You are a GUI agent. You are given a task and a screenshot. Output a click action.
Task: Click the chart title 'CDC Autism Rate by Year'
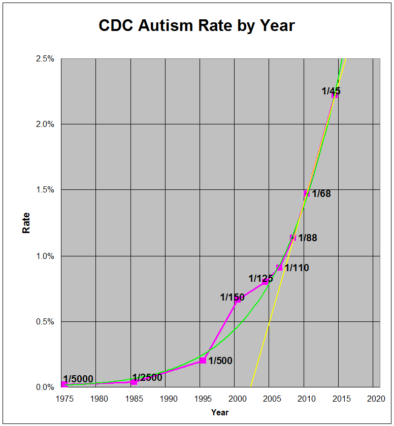point(196,26)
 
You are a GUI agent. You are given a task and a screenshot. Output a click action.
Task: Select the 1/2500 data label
point(147,377)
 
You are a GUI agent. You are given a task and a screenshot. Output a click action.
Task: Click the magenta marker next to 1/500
point(203,360)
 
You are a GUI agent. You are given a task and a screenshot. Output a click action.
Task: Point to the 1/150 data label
point(232,297)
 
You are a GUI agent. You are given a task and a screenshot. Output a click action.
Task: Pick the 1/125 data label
point(260,279)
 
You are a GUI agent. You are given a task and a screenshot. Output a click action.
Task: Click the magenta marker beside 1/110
point(279,268)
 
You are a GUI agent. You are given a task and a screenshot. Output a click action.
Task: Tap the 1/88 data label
point(307,238)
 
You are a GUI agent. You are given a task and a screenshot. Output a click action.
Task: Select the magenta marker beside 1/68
point(307,193)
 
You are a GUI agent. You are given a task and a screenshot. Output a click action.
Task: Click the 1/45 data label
point(331,91)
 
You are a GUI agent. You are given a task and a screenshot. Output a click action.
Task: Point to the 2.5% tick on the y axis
point(45,59)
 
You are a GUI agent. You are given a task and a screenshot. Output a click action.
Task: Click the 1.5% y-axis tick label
point(45,190)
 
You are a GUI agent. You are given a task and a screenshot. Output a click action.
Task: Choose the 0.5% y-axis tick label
point(45,321)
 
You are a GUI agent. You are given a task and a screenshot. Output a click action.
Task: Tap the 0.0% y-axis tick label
point(45,387)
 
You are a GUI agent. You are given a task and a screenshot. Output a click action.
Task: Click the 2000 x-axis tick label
point(235,398)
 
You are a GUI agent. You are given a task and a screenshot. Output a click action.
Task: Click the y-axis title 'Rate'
point(26,222)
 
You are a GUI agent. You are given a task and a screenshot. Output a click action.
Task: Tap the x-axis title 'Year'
point(220,412)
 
